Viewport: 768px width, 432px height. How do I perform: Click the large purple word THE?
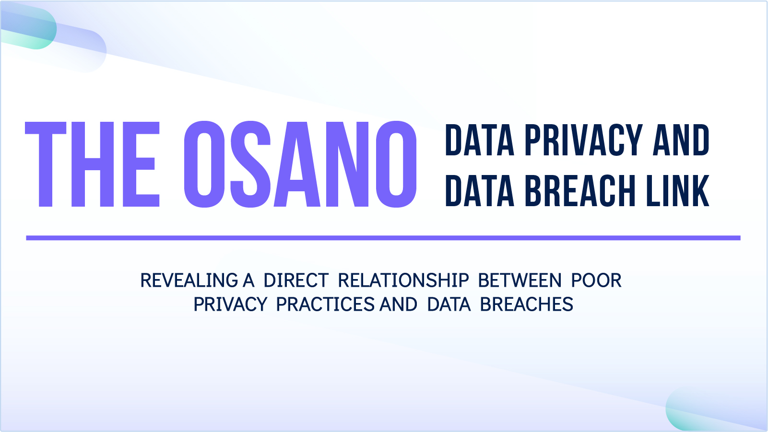point(92,164)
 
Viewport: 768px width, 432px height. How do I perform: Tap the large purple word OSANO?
point(300,164)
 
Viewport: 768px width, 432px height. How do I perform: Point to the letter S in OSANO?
point(250,164)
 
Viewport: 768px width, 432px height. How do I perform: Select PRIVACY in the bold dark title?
point(583,140)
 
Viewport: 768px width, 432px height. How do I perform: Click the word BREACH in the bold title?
point(580,190)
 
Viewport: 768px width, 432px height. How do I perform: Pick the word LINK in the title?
point(678,190)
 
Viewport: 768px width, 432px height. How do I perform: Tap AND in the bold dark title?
point(681,140)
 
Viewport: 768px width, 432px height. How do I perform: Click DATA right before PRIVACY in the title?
point(480,140)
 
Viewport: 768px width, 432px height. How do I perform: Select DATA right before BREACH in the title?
point(480,190)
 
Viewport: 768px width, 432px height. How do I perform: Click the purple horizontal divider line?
point(383,238)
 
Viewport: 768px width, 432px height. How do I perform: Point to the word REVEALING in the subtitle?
point(189,280)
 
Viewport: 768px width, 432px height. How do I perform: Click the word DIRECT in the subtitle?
point(296,280)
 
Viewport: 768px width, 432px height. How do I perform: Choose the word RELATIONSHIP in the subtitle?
point(403,280)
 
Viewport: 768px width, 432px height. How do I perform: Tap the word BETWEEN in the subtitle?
point(520,280)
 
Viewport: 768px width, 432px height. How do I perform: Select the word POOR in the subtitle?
point(596,280)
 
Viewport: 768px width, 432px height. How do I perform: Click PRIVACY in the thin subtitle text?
point(230,304)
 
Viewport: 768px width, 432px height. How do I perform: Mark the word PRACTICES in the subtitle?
point(325,304)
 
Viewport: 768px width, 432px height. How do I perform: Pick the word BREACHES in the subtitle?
point(527,304)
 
